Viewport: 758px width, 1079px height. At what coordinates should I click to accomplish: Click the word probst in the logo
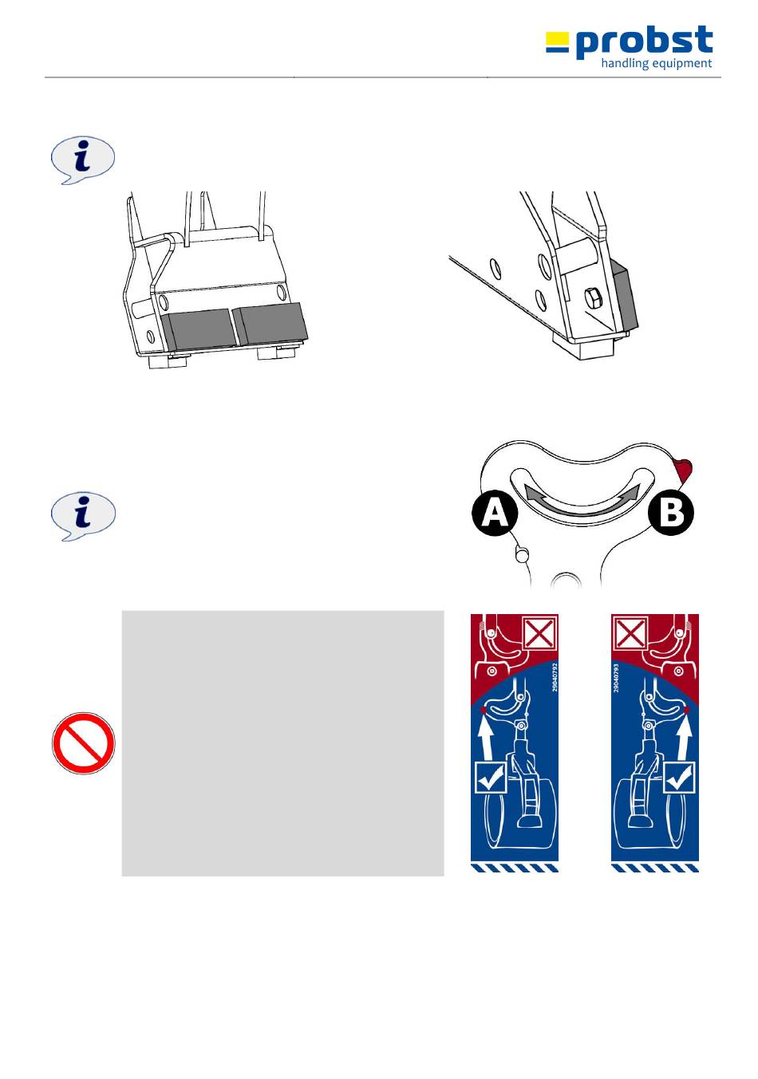(x=644, y=42)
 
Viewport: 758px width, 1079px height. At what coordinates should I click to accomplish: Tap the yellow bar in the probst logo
(x=557, y=37)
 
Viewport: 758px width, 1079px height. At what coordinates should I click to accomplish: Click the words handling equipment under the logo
(x=657, y=64)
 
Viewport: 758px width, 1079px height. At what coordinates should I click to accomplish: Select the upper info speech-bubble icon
(x=83, y=160)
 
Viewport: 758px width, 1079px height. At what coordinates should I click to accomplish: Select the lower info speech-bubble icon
(x=83, y=516)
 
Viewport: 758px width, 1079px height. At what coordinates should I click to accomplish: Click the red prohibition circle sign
(x=83, y=742)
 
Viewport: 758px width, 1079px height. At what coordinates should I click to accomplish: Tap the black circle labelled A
(x=495, y=514)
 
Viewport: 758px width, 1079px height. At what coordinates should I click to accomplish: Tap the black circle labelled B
(x=671, y=512)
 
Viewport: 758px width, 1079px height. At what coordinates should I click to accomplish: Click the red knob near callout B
(x=684, y=469)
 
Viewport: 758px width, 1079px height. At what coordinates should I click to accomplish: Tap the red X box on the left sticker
(x=539, y=632)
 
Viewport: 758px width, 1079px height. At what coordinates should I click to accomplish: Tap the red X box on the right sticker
(x=629, y=632)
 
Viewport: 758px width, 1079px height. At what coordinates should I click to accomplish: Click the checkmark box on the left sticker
(x=491, y=777)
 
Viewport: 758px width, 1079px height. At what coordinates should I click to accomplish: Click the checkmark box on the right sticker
(x=679, y=777)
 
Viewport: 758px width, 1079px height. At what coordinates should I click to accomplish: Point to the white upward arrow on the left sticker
(x=487, y=738)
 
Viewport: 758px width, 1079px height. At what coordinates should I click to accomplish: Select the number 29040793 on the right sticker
(x=616, y=678)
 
